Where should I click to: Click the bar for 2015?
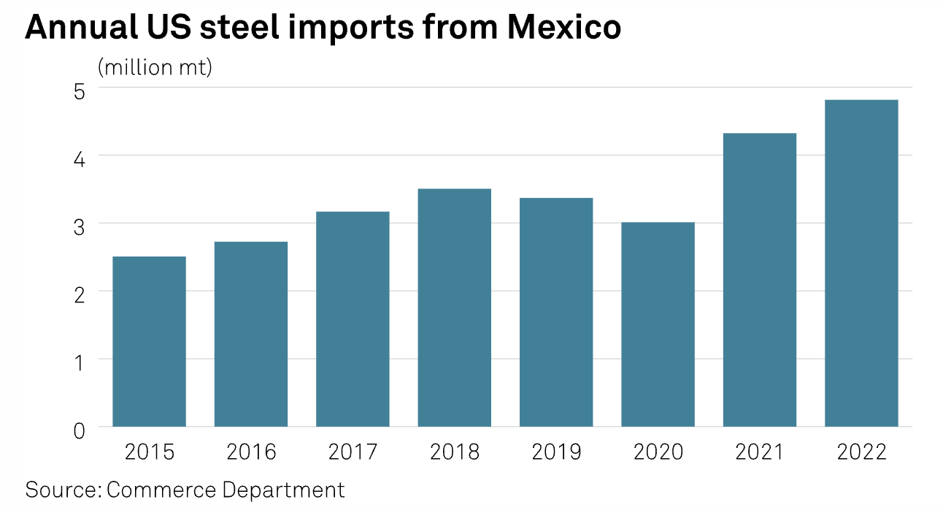[149, 341]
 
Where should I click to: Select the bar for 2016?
[250, 334]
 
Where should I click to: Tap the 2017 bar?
[353, 319]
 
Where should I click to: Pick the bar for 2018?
[454, 308]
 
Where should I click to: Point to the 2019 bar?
[556, 312]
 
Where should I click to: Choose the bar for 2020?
[658, 324]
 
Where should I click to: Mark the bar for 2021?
[760, 280]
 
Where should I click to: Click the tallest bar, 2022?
[861, 263]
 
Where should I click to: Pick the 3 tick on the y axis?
[78, 227]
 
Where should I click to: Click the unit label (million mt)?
[155, 68]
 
